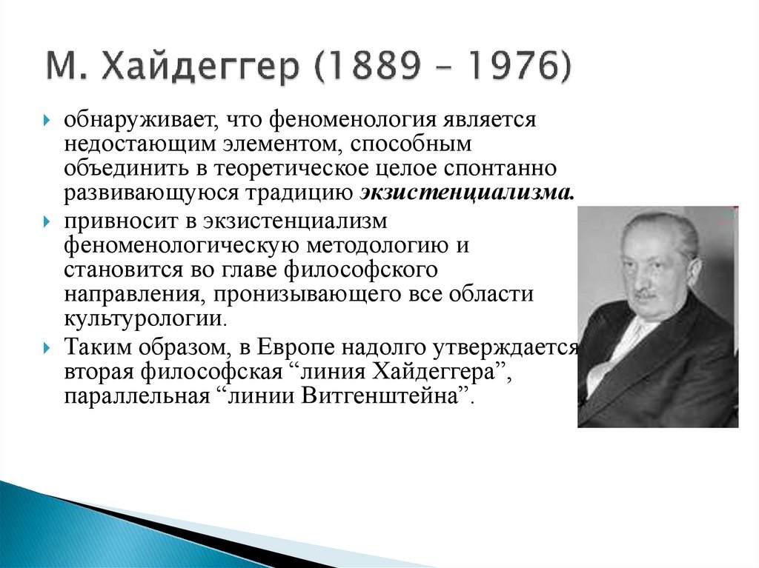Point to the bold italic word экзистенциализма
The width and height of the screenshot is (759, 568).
466,193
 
